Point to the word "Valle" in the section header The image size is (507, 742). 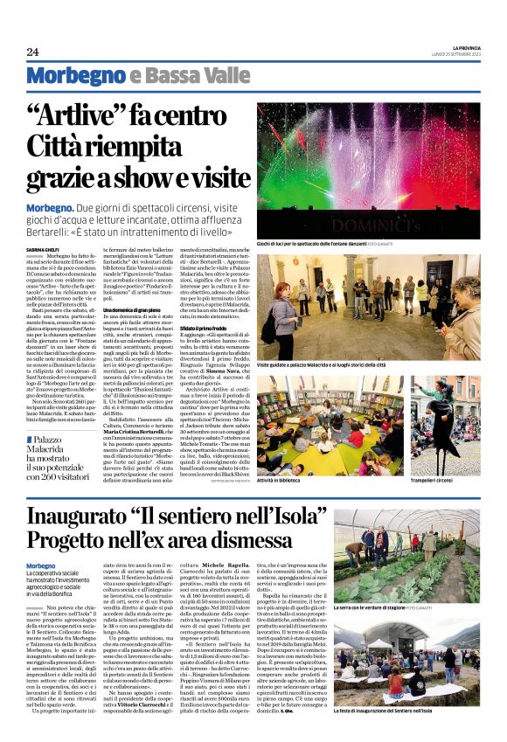(197, 76)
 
